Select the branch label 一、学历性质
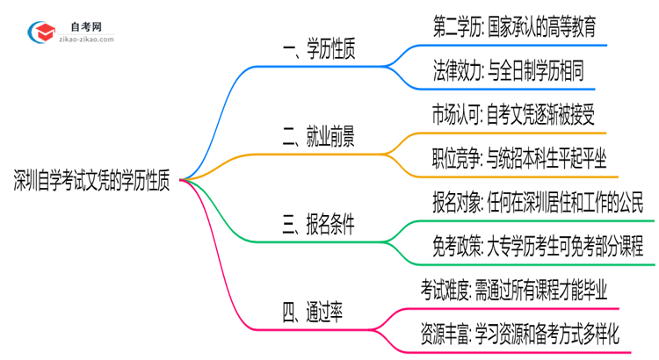pyautogui.click(x=318, y=52)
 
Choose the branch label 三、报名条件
pyautogui.click(x=318, y=225)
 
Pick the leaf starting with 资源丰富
pyautogui.click(x=520, y=333)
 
